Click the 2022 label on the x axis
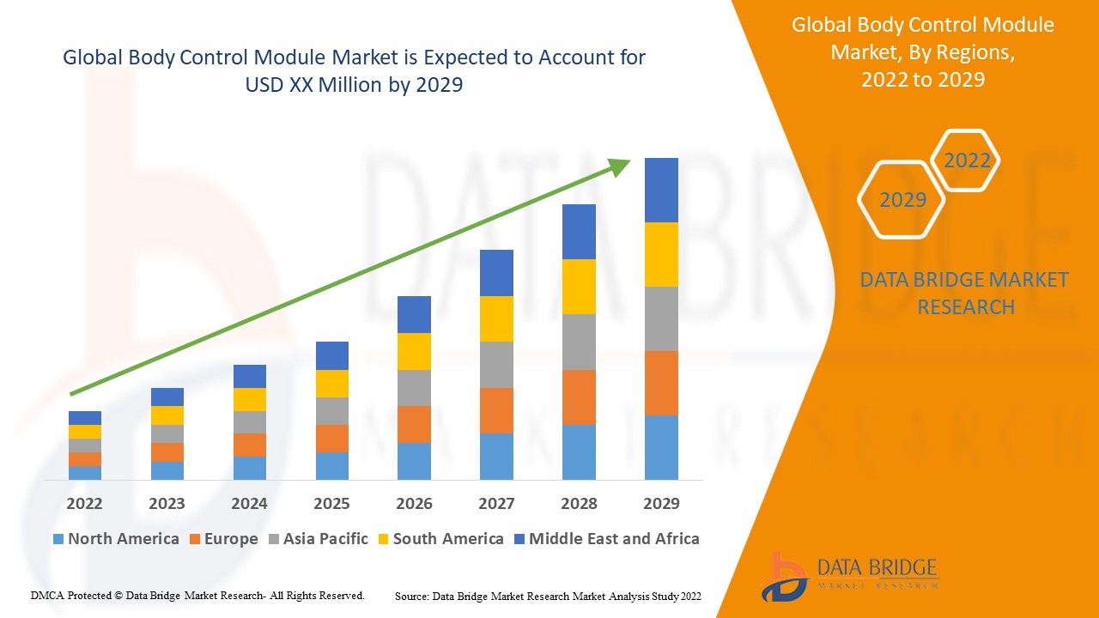(x=84, y=503)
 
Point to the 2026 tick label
(x=414, y=503)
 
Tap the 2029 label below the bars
(x=661, y=503)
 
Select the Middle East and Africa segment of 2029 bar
(x=661, y=190)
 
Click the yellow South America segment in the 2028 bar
(x=579, y=287)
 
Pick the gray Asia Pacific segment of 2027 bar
(x=496, y=365)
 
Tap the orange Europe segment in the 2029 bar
(x=661, y=383)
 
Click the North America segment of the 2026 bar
(x=414, y=461)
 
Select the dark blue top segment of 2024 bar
(x=249, y=376)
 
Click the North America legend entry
(x=116, y=539)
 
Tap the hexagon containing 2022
(x=967, y=161)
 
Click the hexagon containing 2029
(x=902, y=200)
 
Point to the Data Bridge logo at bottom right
(x=848, y=574)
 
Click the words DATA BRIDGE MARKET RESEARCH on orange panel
(x=965, y=293)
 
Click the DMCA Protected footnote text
(x=197, y=595)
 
